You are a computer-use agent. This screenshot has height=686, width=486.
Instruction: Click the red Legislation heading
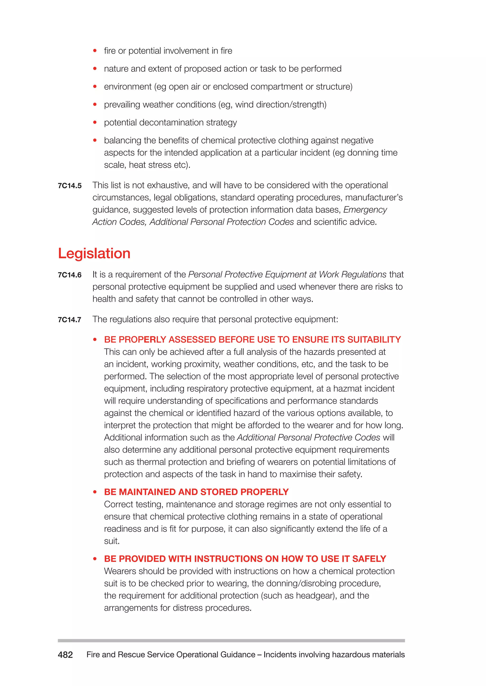pos(94,253)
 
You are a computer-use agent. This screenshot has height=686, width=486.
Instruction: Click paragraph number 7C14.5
pos(70,186)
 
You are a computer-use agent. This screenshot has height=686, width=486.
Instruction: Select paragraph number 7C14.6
pos(70,275)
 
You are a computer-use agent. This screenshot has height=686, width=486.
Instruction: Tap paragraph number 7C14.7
pos(70,320)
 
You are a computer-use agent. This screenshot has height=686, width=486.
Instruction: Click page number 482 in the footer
pos(65,655)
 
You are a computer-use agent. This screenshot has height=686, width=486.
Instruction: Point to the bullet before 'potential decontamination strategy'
pos(95,122)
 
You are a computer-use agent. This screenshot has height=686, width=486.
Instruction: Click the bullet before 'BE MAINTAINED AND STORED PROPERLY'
pos(95,492)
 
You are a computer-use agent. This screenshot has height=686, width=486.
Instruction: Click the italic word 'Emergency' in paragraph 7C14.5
pos(365,210)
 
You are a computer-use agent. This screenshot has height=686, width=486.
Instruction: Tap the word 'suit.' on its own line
pos(112,541)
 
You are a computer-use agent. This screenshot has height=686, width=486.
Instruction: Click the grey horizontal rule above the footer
pos(231,641)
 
